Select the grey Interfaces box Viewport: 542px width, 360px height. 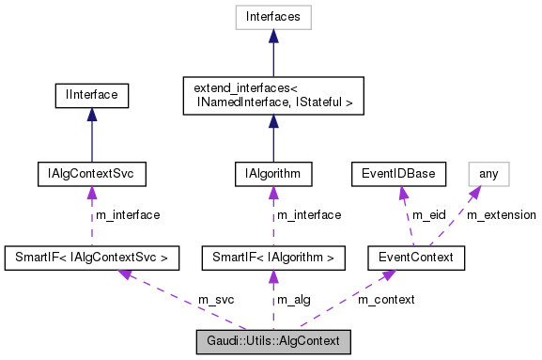(272, 16)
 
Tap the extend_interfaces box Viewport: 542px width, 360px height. (272, 95)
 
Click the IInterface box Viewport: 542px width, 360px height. (90, 95)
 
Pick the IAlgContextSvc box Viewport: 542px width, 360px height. (90, 174)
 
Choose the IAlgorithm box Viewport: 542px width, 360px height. (272, 174)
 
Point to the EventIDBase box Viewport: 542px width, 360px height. (396, 174)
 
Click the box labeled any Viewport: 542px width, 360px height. (488, 174)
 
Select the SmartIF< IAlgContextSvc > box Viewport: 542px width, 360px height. (92, 256)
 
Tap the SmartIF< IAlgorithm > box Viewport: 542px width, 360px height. (272, 256)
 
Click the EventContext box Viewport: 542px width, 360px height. (415, 256)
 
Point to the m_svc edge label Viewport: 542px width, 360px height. (215, 299)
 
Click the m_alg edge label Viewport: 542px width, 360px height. (294, 299)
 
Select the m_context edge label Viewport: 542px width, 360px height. (385, 299)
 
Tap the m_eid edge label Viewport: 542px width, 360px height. (429, 215)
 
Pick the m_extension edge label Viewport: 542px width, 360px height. (501, 215)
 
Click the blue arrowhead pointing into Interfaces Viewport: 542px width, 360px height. (272, 35)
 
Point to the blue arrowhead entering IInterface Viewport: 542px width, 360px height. (90, 114)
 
